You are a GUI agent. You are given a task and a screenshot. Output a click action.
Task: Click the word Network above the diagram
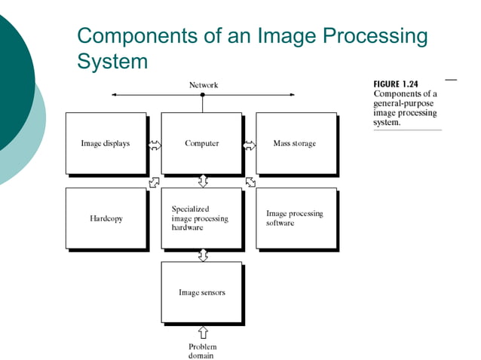(x=203, y=85)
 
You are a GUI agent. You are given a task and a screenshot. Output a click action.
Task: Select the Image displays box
(x=106, y=143)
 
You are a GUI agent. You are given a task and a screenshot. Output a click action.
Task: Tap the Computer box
(x=202, y=143)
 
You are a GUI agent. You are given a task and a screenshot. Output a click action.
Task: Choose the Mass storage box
(x=296, y=143)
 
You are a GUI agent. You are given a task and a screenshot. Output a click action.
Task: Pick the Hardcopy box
(x=106, y=218)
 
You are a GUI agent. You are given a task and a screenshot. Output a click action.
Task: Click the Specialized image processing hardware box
(x=202, y=218)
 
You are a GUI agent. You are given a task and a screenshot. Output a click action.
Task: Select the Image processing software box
(x=296, y=218)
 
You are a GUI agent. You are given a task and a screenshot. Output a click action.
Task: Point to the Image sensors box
(x=202, y=291)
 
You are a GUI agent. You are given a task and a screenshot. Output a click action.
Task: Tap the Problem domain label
(x=202, y=351)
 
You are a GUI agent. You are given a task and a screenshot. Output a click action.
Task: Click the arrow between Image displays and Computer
(x=155, y=144)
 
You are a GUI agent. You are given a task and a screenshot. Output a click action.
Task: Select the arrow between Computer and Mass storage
(x=250, y=144)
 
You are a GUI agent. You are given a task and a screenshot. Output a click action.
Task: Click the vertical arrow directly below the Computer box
(x=203, y=181)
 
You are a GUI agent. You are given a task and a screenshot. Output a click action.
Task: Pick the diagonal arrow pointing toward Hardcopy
(x=155, y=182)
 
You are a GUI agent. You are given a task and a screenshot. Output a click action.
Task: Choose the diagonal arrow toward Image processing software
(x=250, y=182)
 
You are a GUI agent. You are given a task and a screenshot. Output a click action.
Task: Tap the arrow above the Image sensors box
(x=203, y=255)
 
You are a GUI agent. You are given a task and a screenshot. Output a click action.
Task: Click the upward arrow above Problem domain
(x=203, y=332)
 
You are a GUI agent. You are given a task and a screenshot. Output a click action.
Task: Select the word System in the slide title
(x=113, y=61)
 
